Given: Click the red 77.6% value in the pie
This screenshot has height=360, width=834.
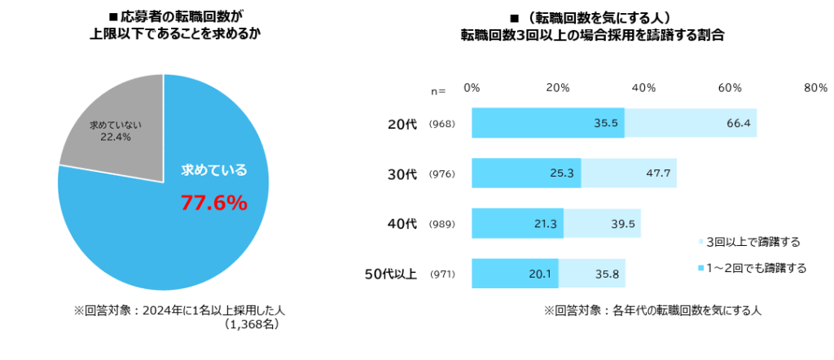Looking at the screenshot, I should tap(213, 203).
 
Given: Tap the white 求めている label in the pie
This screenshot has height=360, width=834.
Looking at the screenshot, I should tap(213, 170).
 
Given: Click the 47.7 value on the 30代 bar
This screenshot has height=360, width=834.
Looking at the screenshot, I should tap(659, 173).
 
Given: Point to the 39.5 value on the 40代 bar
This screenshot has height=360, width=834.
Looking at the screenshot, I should tap(624, 223).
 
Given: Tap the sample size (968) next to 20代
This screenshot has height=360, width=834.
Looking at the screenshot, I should tap(441, 124).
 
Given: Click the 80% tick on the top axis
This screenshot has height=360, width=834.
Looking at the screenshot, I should tap(814, 88).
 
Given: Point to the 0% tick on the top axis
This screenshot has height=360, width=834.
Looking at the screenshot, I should tap(472, 88).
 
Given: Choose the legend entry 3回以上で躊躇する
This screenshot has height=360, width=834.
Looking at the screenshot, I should tap(753, 242).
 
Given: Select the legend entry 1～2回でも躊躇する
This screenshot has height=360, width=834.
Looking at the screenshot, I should tap(756, 268).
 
